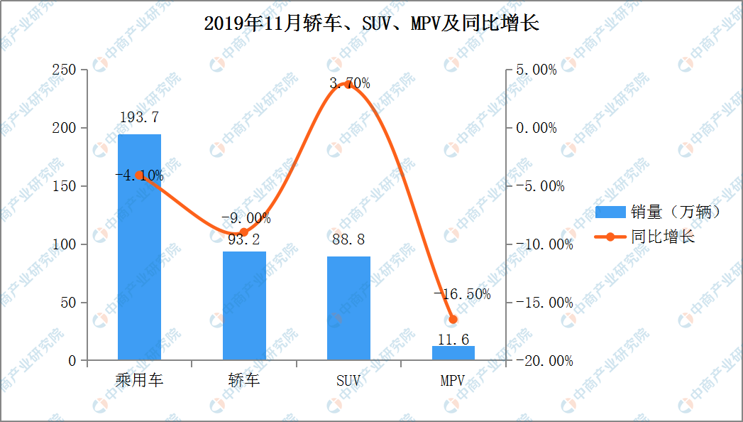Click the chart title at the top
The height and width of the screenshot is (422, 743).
[x=371, y=23]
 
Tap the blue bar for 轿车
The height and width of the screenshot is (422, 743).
[x=244, y=305]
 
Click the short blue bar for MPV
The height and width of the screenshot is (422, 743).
[x=453, y=353]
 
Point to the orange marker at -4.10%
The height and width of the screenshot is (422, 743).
[x=139, y=175]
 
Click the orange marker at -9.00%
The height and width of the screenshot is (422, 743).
[x=244, y=232]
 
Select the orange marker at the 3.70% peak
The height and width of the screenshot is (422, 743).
[x=348, y=85]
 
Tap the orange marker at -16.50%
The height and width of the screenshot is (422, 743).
[x=453, y=320]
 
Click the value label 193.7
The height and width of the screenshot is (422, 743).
[x=139, y=118]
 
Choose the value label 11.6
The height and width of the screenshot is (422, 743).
[x=453, y=340]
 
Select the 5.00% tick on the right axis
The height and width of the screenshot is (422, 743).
[x=536, y=70]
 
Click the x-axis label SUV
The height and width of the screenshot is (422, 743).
[x=348, y=381]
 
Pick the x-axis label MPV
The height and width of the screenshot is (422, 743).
[x=453, y=381]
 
